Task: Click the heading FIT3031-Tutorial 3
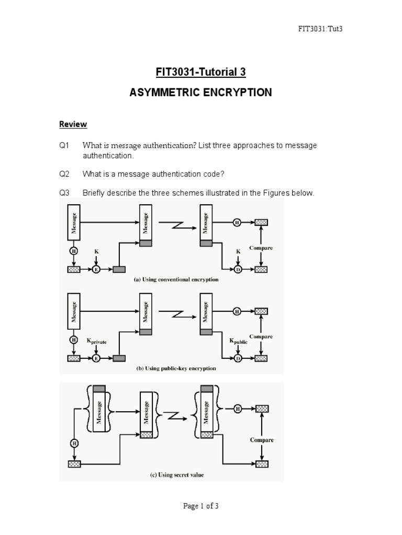(x=201, y=72)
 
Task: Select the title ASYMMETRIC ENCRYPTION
(x=201, y=93)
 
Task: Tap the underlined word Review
(x=73, y=124)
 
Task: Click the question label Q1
(x=64, y=145)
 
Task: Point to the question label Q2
(x=64, y=174)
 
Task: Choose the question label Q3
(x=64, y=193)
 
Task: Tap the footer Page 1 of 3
(x=201, y=506)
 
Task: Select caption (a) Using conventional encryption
(x=176, y=280)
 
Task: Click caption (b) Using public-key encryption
(x=176, y=368)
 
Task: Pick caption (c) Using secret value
(x=176, y=475)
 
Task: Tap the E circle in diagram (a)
(x=96, y=270)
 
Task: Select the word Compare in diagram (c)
(x=261, y=440)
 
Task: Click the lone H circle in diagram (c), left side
(x=73, y=444)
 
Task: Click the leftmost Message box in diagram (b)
(x=74, y=310)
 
